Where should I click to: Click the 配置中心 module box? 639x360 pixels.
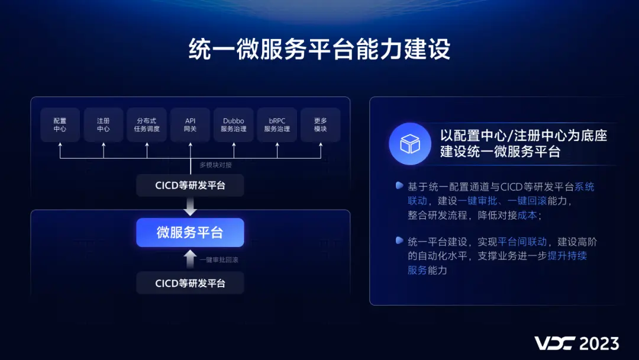coord(60,124)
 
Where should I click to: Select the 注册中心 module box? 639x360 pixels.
coord(104,124)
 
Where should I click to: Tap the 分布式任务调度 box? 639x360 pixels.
coord(147,124)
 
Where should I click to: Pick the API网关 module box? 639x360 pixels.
coord(190,124)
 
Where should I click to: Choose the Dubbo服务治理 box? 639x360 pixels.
coord(234,124)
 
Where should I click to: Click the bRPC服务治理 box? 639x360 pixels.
coord(277,124)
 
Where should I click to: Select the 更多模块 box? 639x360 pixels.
coord(320,124)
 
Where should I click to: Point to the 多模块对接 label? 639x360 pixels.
coord(215,165)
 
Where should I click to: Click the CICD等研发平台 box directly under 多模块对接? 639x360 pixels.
coord(190,185)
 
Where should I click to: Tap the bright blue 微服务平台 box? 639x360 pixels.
coord(190,233)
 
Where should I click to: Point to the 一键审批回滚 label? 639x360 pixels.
coord(218,259)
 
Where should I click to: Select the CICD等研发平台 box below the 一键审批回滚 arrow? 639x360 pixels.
coord(190,283)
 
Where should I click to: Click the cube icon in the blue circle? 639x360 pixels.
coord(410,144)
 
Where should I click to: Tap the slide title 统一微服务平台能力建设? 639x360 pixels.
coord(319,50)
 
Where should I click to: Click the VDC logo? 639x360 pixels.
coord(554,343)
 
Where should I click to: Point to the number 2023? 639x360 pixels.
coord(599,343)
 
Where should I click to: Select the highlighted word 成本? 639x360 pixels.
coord(527,216)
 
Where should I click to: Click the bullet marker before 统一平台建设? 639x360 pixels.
coord(399,240)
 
